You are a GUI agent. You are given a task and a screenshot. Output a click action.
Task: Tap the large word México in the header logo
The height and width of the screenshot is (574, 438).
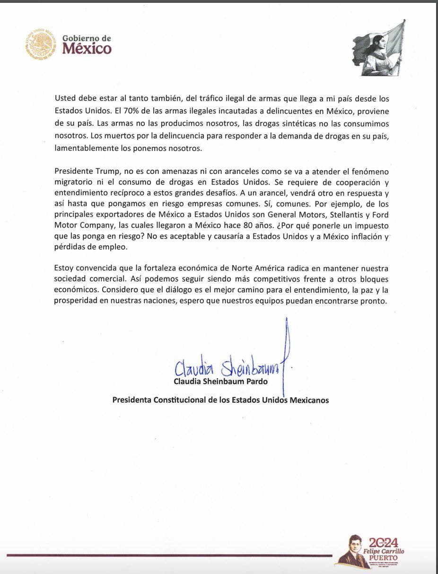click(87, 49)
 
